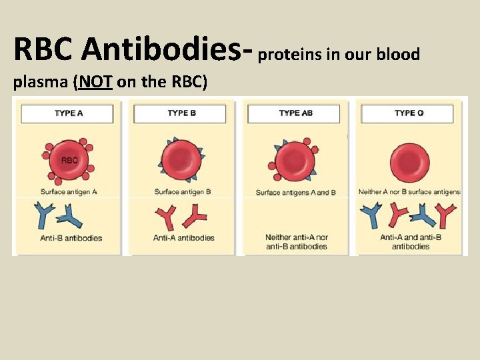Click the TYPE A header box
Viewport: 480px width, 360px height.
click(x=69, y=113)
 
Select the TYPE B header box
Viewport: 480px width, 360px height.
click(x=181, y=113)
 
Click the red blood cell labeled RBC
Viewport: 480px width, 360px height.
click(x=69, y=161)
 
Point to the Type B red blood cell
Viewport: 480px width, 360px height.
click(x=181, y=161)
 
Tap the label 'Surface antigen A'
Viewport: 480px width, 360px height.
click(x=69, y=192)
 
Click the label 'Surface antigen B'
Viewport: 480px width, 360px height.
click(x=183, y=192)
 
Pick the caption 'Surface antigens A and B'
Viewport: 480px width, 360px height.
click(x=296, y=193)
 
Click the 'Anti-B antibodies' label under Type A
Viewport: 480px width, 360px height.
click(x=71, y=238)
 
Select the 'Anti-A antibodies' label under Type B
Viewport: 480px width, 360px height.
click(x=183, y=238)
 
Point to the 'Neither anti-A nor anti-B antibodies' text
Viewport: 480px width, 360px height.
click(x=296, y=241)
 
